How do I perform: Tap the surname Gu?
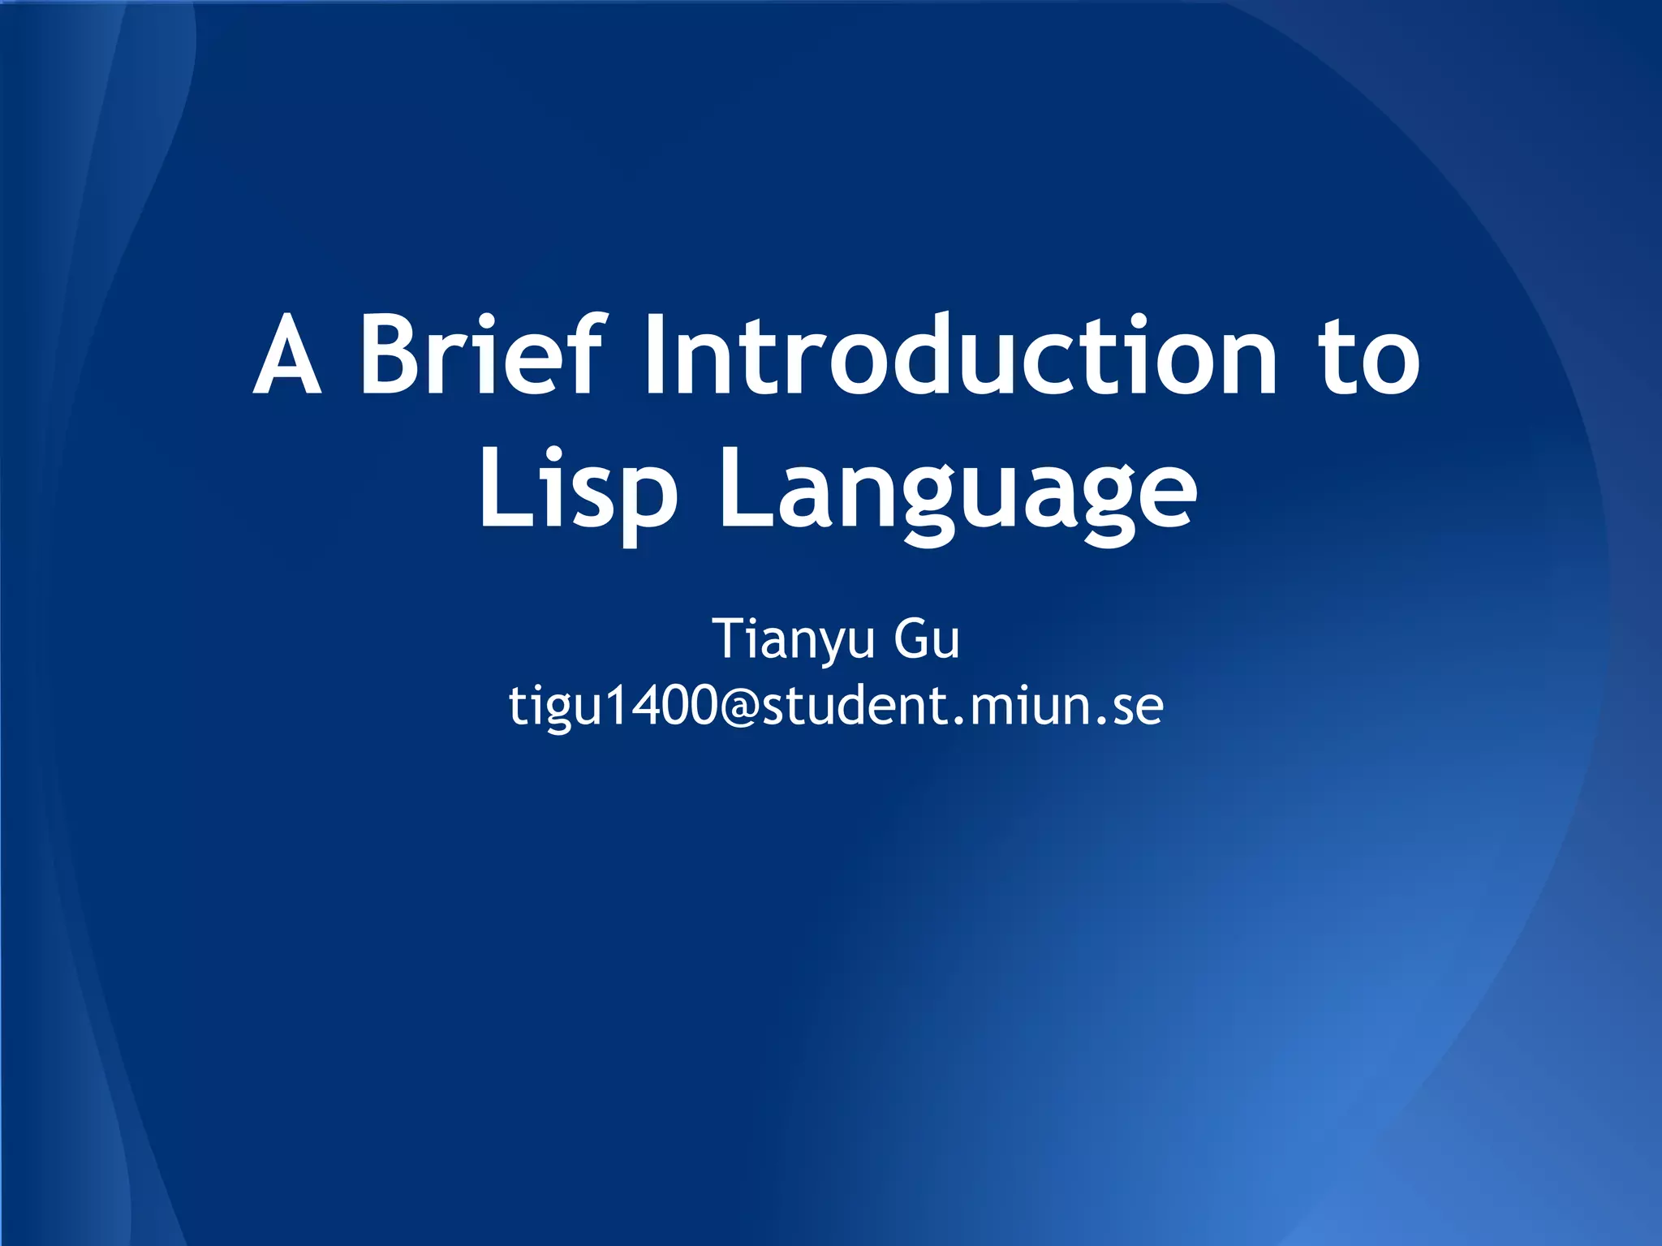coord(927,640)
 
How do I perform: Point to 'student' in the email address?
coord(851,705)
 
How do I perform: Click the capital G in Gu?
coord(911,638)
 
